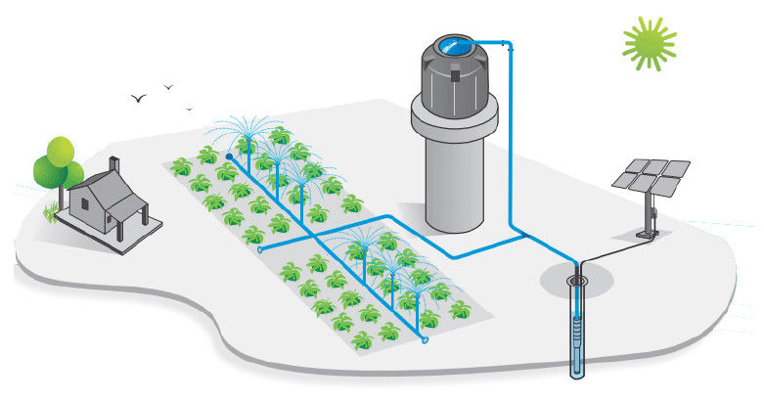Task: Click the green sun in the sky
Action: click(x=648, y=44)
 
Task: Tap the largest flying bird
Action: click(x=140, y=99)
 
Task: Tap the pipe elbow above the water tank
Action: click(x=508, y=45)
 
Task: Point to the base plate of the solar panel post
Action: click(x=646, y=238)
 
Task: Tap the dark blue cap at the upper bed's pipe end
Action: click(x=228, y=156)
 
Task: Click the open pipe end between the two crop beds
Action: click(x=259, y=249)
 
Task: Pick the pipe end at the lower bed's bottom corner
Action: click(x=425, y=340)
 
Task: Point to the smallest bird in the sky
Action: click(x=189, y=109)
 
